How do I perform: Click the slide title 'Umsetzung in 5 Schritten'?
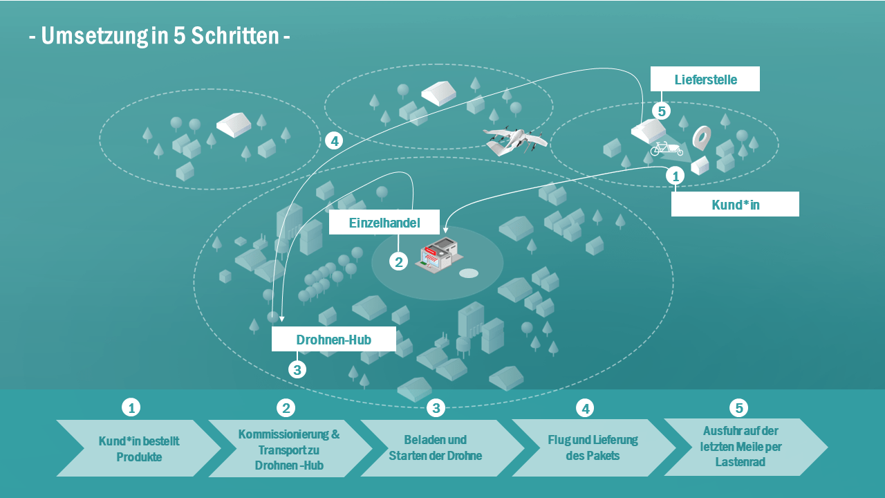(x=159, y=36)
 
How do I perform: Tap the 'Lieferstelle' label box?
(x=705, y=79)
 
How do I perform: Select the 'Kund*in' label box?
(x=735, y=205)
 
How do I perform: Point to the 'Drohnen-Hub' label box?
(x=333, y=340)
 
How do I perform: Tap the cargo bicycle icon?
(x=666, y=148)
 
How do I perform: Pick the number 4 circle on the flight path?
(x=334, y=141)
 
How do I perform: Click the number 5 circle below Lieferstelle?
(x=662, y=111)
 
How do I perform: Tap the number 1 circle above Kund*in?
(x=675, y=176)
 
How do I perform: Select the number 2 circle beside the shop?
(x=398, y=261)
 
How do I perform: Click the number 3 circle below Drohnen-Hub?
(x=297, y=370)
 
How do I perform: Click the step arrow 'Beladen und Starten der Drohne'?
(x=436, y=448)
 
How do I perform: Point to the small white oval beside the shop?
(x=469, y=273)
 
